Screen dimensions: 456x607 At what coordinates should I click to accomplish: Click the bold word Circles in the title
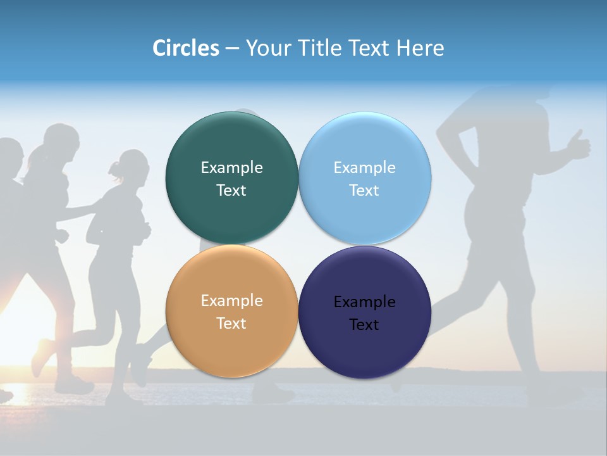pyautogui.click(x=185, y=48)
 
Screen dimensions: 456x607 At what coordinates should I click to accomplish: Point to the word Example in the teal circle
pyautogui.click(x=231, y=168)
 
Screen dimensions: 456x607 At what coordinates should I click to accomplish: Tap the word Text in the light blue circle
pyautogui.click(x=364, y=191)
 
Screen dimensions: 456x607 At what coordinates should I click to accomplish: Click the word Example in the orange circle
pyautogui.click(x=231, y=301)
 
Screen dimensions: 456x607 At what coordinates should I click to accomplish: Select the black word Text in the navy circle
pyautogui.click(x=364, y=325)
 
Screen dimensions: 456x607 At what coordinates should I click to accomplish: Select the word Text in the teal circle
pyautogui.click(x=231, y=191)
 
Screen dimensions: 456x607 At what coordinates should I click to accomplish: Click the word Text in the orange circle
pyautogui.click(x=231, y=324)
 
